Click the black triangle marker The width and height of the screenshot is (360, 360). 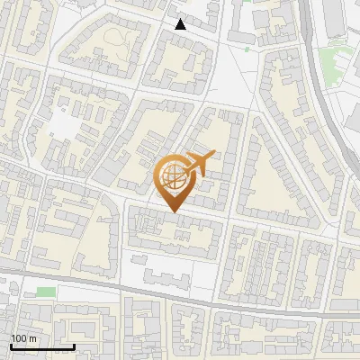tap(180, 24)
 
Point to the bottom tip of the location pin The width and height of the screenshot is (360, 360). tap(174, 211)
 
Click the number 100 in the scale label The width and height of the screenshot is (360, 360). tap(19, 338)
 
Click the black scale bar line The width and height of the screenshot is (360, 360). tap(42, 346)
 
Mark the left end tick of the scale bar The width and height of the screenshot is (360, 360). tap(11, 345)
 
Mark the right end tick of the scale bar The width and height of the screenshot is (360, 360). tap(74, 345)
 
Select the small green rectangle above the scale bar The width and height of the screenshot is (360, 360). tap(46, 292)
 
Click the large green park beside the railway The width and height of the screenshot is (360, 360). tap(335, 61)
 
